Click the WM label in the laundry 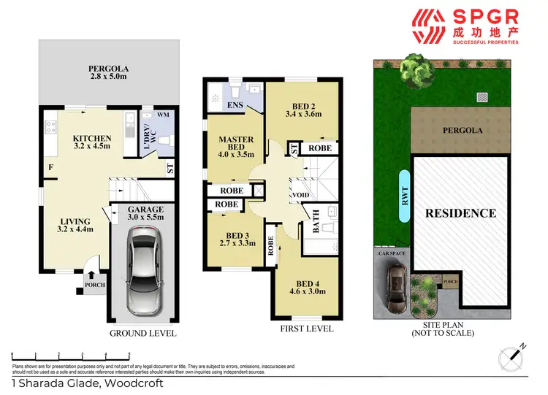point(164,115)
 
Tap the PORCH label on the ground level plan point(94,285)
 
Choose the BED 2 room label point(302,108)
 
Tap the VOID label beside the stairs point(300,195)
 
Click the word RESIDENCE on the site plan point(460,213)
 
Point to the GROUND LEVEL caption point(142,334)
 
